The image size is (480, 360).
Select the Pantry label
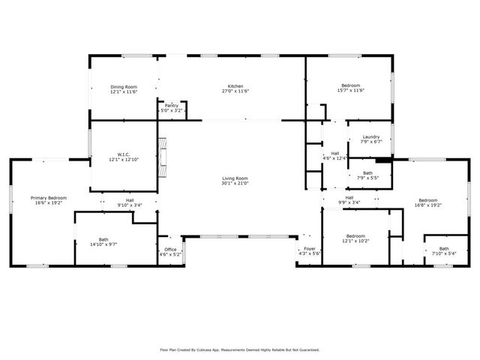[x=172, y=106]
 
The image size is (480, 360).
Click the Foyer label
[x=309, y=249]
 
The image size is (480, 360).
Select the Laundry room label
[x=370, y=136]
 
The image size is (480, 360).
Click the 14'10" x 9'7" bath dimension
[x=103, y=244]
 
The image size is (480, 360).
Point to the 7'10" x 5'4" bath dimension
[x=444, y=253]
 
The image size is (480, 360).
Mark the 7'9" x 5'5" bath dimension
[x=367, y=178]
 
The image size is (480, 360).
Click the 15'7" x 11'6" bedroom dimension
[x=350, y=91]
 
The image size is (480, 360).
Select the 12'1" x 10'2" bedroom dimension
[x=355, y=241]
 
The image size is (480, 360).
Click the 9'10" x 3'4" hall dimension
[x=130, y=205]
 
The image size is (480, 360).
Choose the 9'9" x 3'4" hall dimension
[x=349, y=202]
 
